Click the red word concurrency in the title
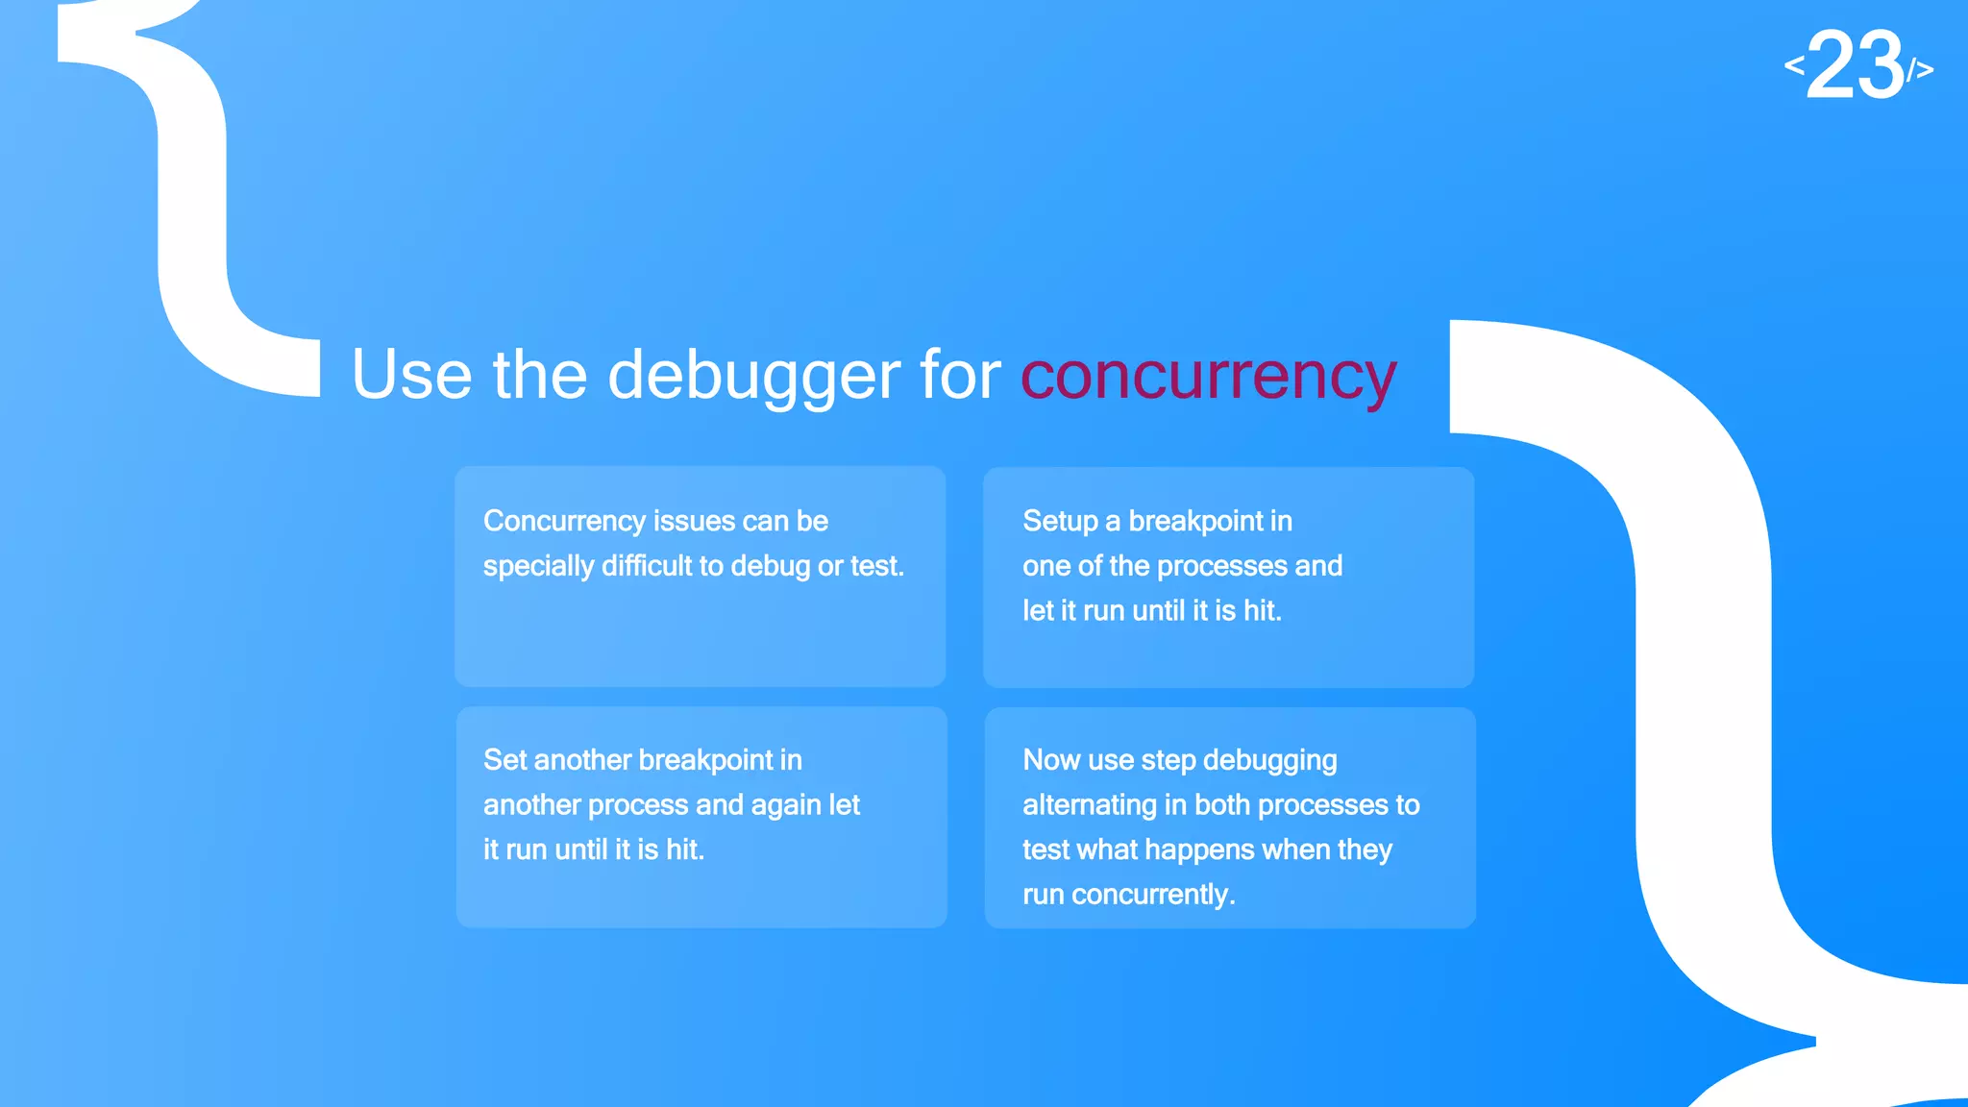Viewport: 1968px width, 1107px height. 1208,376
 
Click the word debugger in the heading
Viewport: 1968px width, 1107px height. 754,376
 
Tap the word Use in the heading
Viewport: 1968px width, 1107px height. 411,376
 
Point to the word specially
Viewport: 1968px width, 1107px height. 538,566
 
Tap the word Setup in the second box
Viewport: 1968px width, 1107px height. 1060,521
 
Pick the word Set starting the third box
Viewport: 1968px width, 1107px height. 504,760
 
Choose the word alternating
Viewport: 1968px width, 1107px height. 1089,805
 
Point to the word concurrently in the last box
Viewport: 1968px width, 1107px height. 1152,895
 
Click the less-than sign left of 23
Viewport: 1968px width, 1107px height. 1794,65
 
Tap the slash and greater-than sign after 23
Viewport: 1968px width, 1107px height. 1920,70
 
